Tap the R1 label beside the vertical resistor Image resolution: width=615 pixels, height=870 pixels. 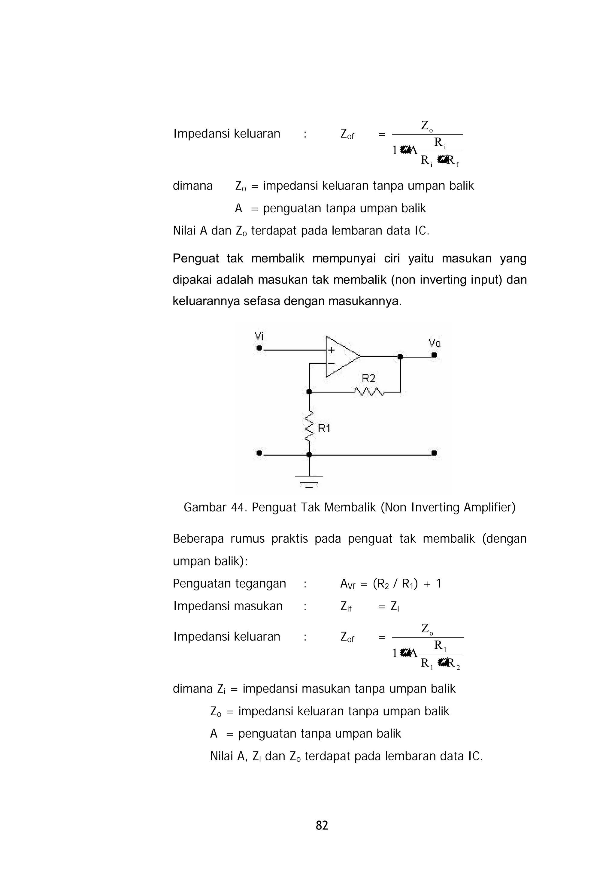click(324, 428)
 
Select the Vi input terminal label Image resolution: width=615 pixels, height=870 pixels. click(259, 336)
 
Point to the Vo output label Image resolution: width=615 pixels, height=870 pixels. click(434, 343)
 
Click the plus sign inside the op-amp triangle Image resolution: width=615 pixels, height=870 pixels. click(331, 350)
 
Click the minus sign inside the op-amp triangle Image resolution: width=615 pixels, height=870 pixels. click(331, 363)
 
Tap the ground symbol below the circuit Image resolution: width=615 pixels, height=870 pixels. click(309, 480)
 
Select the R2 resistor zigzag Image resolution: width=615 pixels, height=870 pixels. click(369, 392)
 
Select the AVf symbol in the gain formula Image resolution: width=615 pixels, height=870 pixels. click(347, 584)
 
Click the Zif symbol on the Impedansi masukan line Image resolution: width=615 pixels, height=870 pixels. click(346, 607)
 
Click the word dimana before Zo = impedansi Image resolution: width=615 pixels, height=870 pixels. click(192, 186)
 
